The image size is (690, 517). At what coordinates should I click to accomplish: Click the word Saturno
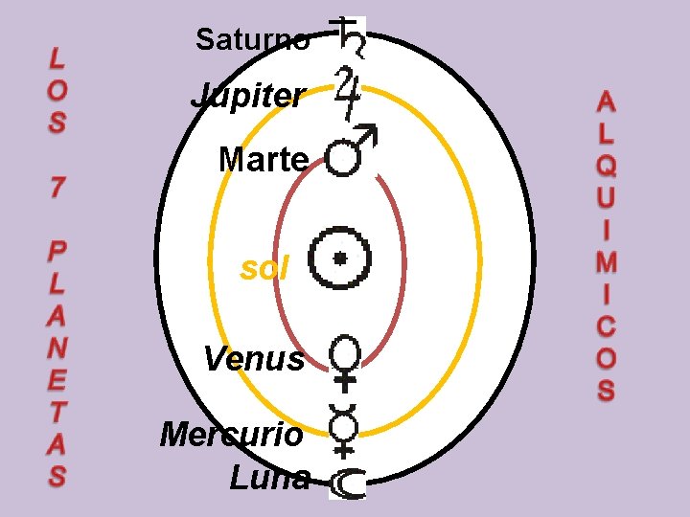[x=252, y=39]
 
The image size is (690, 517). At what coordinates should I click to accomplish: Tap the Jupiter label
[x=248, y=96]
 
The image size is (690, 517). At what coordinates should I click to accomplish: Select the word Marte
[x=263, y=159]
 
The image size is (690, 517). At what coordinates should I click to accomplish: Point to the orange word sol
[x=264, y=269]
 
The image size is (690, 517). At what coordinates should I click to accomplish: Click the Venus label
[x=254, y=360]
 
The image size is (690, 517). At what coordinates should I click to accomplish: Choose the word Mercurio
[x=232, y=434]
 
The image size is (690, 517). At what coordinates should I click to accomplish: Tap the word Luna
[x=270, y=476]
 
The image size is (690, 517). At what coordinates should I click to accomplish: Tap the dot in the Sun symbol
[x=339, y=258]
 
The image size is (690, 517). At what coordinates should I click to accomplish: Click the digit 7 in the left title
[x=57, y=188]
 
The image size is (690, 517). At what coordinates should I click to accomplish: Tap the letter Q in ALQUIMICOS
[x=606, y=166]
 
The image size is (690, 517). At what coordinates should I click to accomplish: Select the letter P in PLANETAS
[x=57, y=251]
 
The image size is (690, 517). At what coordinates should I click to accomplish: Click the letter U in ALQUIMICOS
[x=606, y=199]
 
